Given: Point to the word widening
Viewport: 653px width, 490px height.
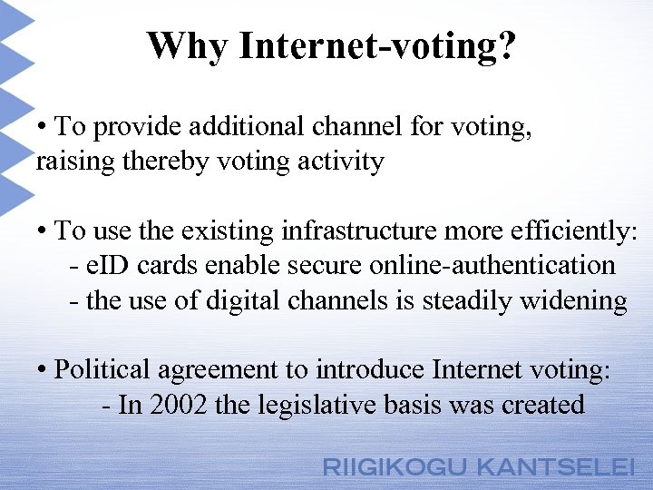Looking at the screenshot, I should coord(573,300).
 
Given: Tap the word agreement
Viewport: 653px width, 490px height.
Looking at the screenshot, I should coord(209,370).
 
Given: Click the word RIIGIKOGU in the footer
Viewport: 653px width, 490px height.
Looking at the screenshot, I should coord(395,468).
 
